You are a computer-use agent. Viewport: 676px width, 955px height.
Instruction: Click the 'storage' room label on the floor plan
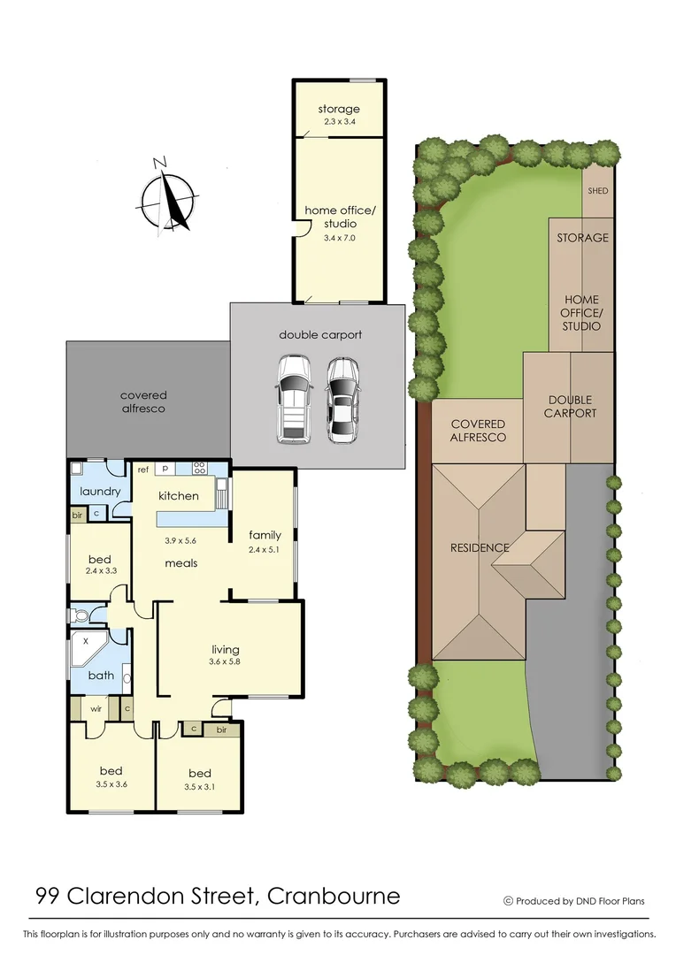tap(339, 110)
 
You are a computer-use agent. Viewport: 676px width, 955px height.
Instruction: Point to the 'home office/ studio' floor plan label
tap(340, 217)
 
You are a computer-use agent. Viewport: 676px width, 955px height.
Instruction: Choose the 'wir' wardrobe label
tap(96, 708)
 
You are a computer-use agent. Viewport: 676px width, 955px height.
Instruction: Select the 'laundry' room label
tap(99, 492)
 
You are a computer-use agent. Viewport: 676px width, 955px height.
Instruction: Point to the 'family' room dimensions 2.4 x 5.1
tap(265, 549)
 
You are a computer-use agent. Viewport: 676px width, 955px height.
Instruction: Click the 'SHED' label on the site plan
tap(598, 191)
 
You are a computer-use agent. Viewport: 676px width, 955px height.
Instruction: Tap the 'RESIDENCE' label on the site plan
tap(479, 547)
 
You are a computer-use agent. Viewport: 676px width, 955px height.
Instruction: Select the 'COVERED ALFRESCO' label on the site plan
tap(478, 431)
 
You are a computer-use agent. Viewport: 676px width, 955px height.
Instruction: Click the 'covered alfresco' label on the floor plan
tap(143, 401)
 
